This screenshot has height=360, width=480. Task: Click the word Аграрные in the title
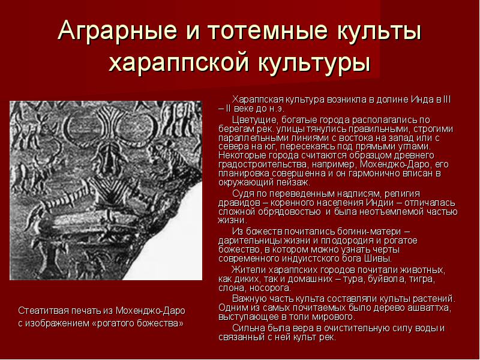[x=117, y=31]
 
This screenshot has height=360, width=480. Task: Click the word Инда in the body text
[x=422, y=100]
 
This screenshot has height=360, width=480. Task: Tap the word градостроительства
[x=263, y=164]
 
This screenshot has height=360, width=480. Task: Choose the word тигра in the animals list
[x=423, y=279]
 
